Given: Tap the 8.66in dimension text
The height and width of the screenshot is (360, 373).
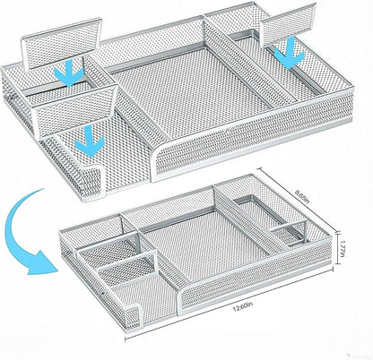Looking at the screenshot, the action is (x=302, y=196).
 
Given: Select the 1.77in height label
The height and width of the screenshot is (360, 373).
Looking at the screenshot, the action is (x=343, y=248).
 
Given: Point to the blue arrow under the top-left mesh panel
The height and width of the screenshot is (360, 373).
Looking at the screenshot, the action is (x=69, y=73).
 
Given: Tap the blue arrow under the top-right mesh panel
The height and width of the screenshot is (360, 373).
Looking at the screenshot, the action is (x=289, y=54).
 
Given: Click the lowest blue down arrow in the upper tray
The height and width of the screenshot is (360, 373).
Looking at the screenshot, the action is (x=90, y=141).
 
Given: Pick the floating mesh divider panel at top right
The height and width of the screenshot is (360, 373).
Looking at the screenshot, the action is (x=288, y=25).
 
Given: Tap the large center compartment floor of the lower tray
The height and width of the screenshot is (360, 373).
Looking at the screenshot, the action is (x=206, y=244).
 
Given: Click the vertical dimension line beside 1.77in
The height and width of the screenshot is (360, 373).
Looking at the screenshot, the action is (x=338, y=248).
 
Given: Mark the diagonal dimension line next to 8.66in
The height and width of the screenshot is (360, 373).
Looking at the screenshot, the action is (x=298, y=200).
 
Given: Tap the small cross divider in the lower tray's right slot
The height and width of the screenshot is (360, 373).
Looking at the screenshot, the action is (x=290, y=229).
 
